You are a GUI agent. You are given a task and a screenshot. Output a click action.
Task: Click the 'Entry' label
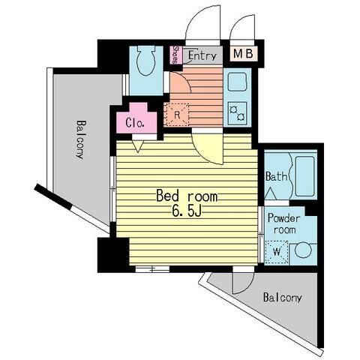202,55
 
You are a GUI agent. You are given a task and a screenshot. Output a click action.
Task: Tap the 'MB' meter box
243,54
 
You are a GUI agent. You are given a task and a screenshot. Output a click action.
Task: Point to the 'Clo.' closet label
135,123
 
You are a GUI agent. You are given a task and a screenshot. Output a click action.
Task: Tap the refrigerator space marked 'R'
177,115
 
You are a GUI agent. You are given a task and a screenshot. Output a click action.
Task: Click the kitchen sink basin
237,82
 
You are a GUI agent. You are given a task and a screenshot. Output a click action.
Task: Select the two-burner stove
237,113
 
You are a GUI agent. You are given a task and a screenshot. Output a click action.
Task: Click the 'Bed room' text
187,196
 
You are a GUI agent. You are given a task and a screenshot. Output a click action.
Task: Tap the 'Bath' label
276,176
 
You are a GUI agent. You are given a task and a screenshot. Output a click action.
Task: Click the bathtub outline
304,176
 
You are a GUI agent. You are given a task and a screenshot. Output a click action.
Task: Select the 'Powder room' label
284,223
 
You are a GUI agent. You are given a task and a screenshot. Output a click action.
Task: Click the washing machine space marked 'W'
277,252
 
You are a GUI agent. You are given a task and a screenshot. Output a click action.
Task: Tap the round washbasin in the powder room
303,250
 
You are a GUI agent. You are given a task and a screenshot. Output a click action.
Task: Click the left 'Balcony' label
81,139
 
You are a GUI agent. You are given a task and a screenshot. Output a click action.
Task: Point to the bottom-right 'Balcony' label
283,298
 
